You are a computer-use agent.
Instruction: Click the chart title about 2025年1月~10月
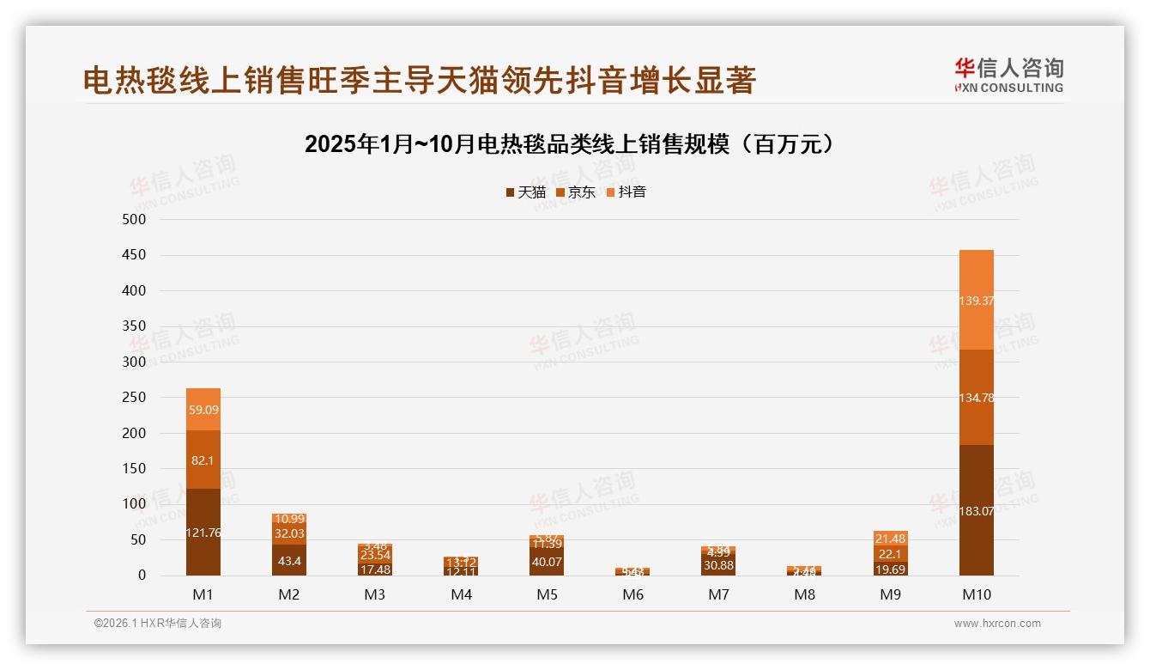click(x=570, y=144)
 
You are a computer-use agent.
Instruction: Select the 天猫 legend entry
click(x=526, y=192)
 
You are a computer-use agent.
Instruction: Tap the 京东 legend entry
click(x=576, y=192)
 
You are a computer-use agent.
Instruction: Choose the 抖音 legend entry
click(x=626, y=192)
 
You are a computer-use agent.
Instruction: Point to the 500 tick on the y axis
click(x=135, y=220)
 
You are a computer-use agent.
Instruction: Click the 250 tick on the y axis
click(x=135, y=398)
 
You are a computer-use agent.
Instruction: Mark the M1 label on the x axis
click(x=203, y=594)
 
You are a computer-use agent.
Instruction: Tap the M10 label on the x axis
click(x=976, y=594)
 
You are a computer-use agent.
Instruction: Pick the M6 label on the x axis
click(x=632, y=594)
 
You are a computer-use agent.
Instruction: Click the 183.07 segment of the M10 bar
click(x=976, y=511)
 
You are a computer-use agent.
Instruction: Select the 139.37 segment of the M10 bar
click(x=976, y=301)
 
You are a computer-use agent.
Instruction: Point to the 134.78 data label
click(x=976, y=398)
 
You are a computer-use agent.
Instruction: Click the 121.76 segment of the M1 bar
click(x=203, y=533)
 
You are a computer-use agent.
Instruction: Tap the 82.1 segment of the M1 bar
click(x=203, y=460)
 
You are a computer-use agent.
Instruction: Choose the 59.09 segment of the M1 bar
click(x=203, y=410)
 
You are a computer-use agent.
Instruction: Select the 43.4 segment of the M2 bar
click(x=289, y=560)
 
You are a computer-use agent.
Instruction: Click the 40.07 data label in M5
click(x=547, y=563)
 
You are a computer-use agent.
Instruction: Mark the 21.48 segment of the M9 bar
click(x=890, y=539)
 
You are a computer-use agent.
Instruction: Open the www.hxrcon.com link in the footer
click(x=997, y=624)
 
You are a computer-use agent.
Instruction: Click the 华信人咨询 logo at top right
click(x=1008, y=75)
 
